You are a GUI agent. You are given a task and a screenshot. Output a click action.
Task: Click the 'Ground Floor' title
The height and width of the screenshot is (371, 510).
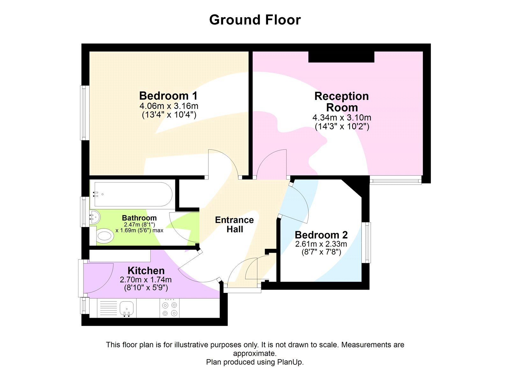click(x=255, y=20)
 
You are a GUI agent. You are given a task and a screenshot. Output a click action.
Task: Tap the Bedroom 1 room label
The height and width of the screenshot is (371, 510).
click(x=168, y=96)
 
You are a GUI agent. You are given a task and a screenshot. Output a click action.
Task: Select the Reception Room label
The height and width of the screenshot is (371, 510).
click(x=341, y=102)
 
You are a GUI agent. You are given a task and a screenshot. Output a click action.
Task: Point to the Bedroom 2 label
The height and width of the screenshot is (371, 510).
click(x=321, y=235)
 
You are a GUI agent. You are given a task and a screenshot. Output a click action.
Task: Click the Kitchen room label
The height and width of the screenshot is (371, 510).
click(x=146, y=271)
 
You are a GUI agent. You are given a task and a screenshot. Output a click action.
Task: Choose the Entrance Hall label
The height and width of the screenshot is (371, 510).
click(x=234, y=225)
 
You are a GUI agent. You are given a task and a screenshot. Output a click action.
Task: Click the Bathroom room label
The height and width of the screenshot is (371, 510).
click(x=139, y=218)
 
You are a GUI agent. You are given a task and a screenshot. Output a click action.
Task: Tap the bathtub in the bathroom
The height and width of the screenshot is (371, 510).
click(x=132, y=194)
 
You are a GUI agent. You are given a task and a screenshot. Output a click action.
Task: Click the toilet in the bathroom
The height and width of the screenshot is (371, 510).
click(x=104, y=236)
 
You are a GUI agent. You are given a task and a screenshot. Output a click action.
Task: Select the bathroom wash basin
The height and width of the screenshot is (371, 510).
click(x=95, y=217)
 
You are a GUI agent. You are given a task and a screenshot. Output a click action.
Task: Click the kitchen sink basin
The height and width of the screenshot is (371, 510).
click(x=127, y=308)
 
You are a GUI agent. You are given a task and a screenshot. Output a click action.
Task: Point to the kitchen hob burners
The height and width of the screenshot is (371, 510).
click(x=170, y=308)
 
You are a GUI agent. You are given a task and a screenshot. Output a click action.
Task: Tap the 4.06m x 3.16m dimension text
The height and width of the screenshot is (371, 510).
click(x=169, y=106)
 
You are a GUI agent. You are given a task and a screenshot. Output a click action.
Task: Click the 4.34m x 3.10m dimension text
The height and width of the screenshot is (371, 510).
click(x=341, y=118)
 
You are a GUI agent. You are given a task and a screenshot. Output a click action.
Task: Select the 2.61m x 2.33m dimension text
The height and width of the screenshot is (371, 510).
click(x=321, y=244)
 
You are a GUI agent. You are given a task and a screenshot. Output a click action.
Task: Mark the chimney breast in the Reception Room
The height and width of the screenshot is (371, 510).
click(x=341, y=57)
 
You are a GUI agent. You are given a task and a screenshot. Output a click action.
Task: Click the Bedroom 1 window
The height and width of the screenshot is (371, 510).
click(x=84, y=113)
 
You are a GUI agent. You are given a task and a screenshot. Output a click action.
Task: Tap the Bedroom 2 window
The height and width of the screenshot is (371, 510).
click(x=368, y=242)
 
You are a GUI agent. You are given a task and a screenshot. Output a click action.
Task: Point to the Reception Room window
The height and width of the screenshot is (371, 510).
click(x=396, y=180)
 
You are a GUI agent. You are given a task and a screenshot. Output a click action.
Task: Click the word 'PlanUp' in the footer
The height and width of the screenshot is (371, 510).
click(x=290, y=362)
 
